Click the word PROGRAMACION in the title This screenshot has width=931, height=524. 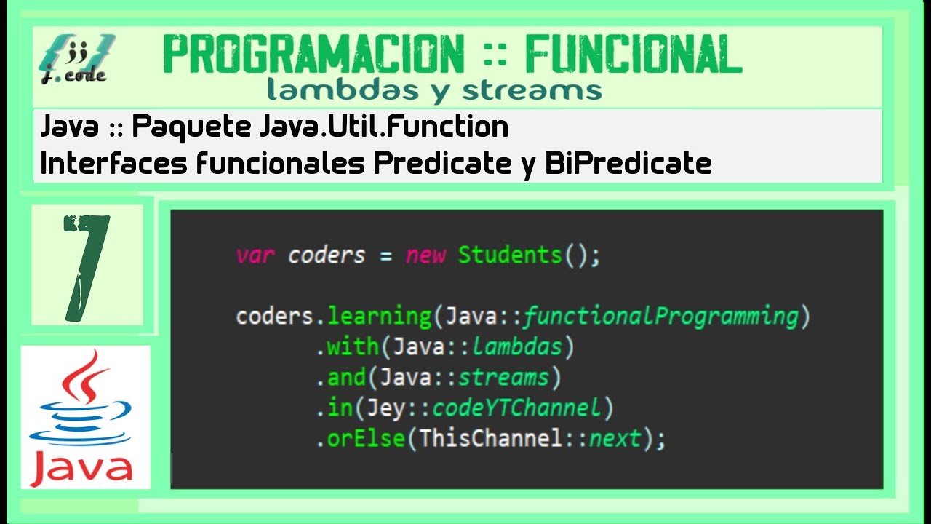pos(313,55)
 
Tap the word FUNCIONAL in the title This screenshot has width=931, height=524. pos(633,55)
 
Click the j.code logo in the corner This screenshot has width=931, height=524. pos(76,58)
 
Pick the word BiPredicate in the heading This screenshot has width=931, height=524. pos(628,164)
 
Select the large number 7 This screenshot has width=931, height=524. pos(87,266)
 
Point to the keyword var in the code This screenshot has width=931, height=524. pos(255,255)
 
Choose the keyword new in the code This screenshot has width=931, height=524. pos(425,255)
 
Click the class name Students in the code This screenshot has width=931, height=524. pos(510,255)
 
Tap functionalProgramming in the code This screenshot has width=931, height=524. pos(660,317)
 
